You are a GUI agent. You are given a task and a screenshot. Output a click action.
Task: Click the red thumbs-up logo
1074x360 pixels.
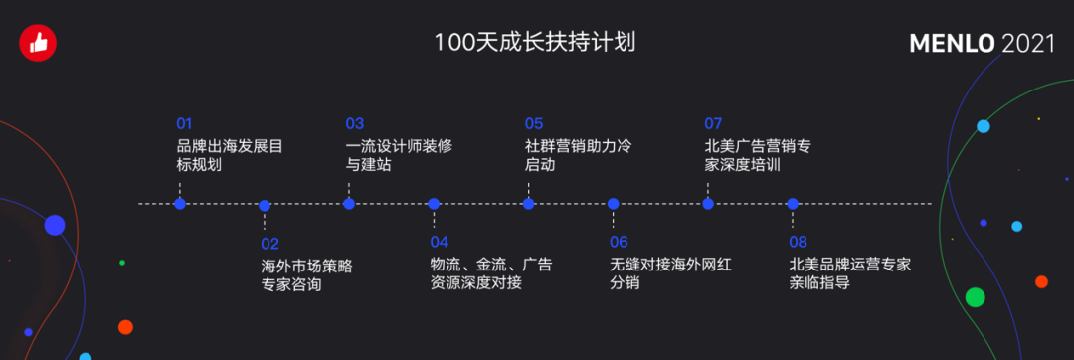click(x=39, y=42)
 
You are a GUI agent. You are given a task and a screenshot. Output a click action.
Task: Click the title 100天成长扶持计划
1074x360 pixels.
click(x=534, y=43)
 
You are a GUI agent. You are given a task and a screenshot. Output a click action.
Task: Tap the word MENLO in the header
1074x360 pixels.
click(x=953, y=44)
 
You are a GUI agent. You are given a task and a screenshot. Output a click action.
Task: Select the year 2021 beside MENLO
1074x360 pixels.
click(x=1028, y=44)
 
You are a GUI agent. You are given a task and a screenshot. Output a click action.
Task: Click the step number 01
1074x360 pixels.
click(x=184, y=124)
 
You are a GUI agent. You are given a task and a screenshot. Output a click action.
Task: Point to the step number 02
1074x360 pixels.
click(x=269, y=243)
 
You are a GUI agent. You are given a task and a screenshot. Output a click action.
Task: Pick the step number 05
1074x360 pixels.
click(x=534, y=124)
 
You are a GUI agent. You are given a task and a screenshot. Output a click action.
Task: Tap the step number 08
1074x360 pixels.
click(x=798, y=243)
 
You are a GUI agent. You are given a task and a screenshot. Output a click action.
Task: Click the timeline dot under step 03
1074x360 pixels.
click(x=349, y=204)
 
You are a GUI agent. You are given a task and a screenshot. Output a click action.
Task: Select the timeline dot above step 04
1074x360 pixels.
click(x=434, y=204)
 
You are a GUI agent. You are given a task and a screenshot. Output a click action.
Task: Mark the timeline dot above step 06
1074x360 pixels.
click(x=614, y=204)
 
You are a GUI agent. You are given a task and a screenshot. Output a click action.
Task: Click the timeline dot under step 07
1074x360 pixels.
click(x=708, y=204)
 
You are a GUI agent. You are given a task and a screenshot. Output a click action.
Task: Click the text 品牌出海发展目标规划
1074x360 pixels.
click(x=224, y=155)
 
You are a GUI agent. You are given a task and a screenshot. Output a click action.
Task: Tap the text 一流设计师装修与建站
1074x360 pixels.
click(x=399, y=155)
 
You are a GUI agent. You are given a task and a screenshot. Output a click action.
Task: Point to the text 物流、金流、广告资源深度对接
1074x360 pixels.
click(x=490, y=274)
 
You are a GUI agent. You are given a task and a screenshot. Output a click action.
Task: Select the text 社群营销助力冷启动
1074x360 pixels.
click(x=578, y=155)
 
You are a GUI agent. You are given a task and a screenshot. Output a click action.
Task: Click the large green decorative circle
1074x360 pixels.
click(x=975, y=296)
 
